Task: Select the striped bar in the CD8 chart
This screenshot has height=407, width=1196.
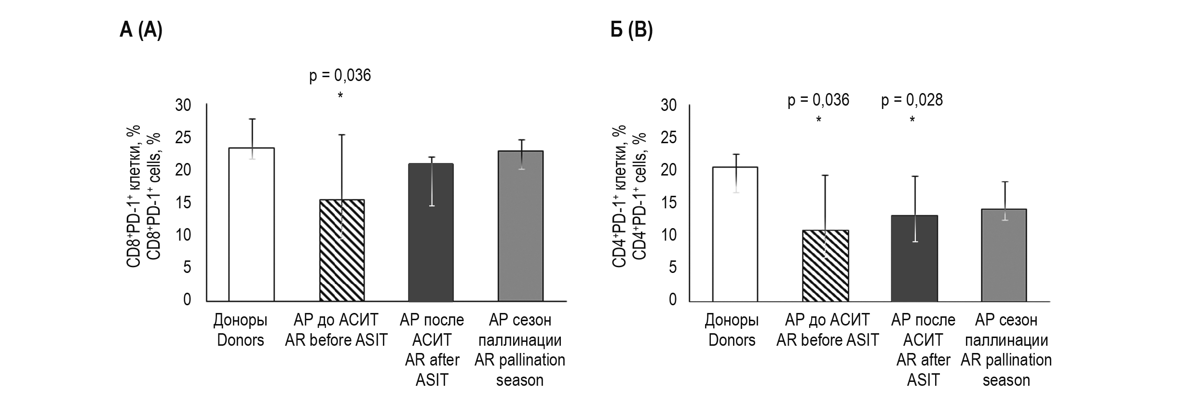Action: pos(342,251)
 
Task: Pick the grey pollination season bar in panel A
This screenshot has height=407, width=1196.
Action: pos(520,226)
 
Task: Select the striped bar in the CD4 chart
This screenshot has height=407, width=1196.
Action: pos(825,266)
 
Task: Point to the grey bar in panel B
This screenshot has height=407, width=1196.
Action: pos(1004,255)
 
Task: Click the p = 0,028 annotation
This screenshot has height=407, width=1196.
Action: pos(912,100)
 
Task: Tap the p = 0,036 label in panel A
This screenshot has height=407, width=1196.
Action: pos(340,76)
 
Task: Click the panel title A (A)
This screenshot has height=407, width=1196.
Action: pos(141,30)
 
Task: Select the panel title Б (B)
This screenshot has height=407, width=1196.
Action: pos(631,30)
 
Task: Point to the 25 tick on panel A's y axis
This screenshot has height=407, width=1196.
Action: pos(183,138)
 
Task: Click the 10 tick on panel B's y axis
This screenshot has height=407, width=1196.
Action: pos(668,235)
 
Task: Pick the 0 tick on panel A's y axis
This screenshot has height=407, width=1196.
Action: pos(187,300)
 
